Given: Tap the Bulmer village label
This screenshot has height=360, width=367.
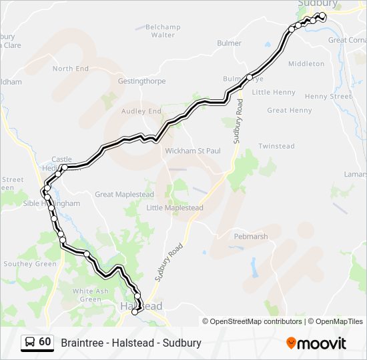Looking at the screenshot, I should (x=229, y=43).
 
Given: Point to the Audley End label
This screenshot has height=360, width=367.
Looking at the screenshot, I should (x=141, y=111).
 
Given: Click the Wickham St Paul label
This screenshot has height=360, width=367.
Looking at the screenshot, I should (x=193, y=151).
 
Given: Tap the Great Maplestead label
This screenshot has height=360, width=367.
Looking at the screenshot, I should (x=124, y=195).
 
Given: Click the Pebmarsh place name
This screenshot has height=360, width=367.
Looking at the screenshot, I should (x=251, y=237).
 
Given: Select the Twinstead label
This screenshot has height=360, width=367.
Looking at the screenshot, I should (x=276, y=146).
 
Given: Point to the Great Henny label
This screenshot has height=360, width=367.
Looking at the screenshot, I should (x=289, y=111).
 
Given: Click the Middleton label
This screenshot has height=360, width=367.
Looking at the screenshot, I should (x=306, y=64).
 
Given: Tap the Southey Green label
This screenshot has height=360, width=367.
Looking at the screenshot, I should (x=30, y=264).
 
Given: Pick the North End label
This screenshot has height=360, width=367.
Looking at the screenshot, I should (x=71, y=69).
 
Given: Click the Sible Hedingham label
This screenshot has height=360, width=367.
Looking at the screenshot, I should (x=42, y=203).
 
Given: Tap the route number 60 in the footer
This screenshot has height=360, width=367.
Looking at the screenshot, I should (x=45, y=342).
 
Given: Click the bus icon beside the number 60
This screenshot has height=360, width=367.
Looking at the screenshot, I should (x=30, y=343).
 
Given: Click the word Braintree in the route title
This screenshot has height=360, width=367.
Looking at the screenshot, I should (x=82, y=343).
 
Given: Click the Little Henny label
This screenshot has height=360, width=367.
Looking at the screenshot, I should (x=274, y=92).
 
